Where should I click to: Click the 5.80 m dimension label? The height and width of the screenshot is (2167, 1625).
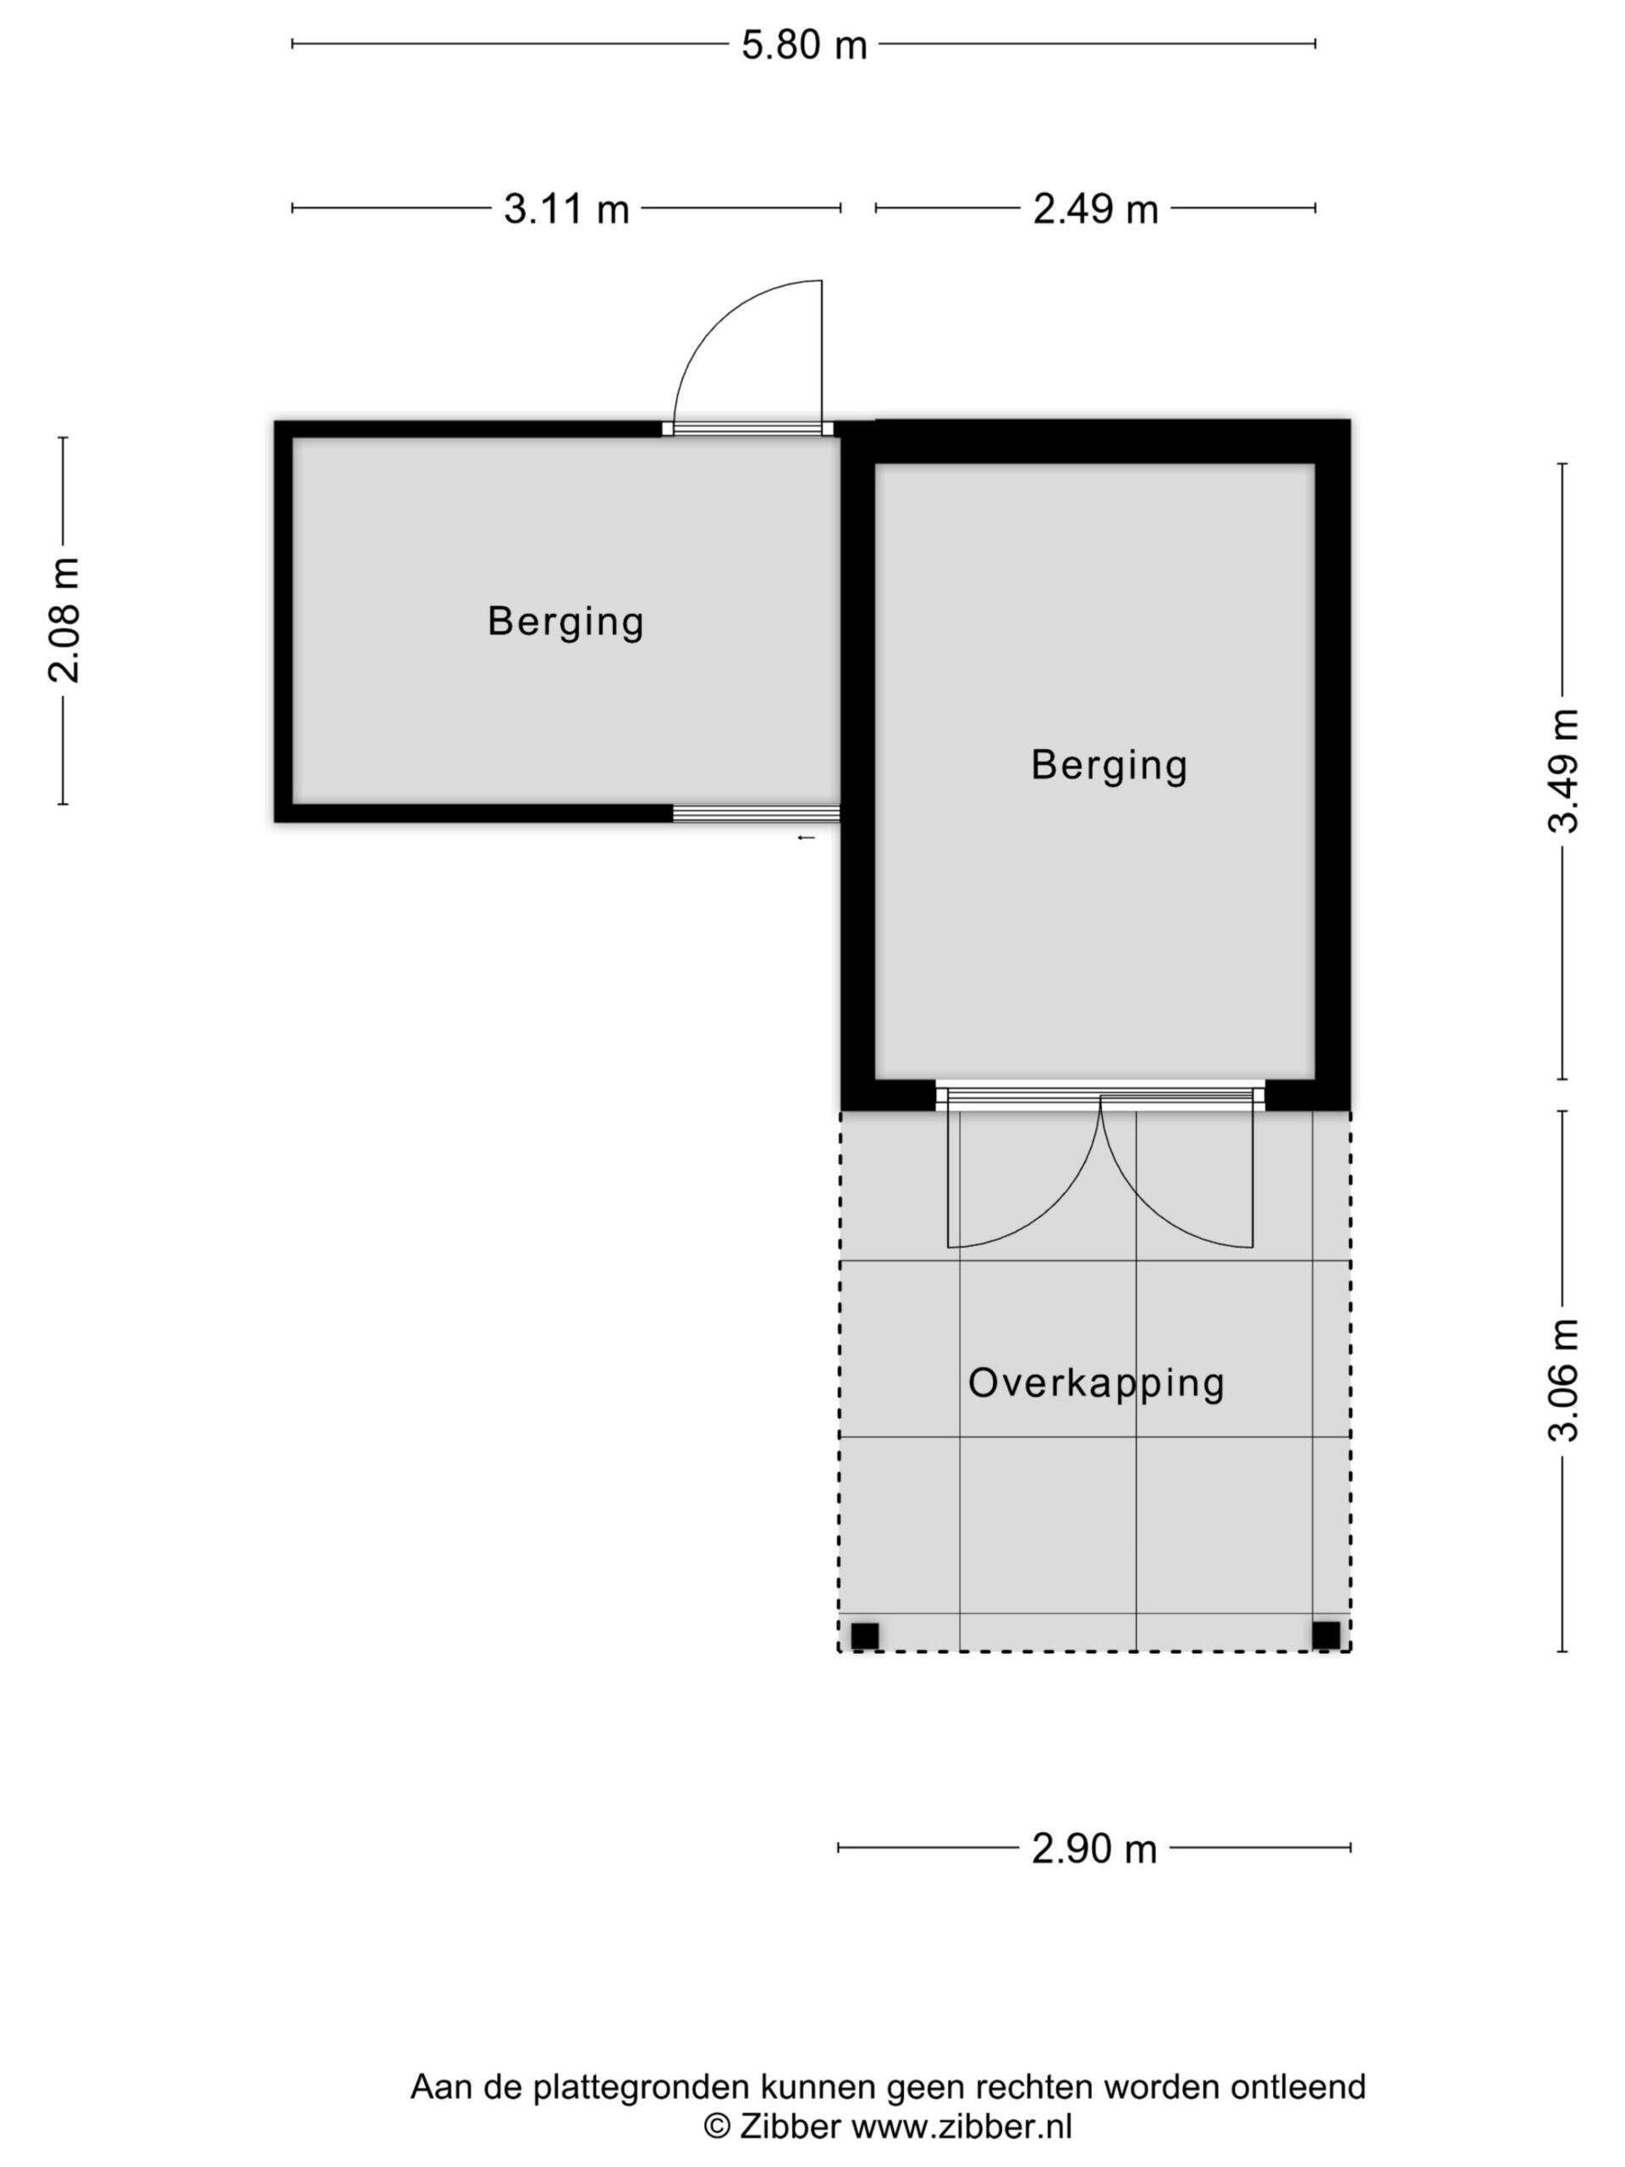point(803,45)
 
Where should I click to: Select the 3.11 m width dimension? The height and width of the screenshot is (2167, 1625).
point(566,209)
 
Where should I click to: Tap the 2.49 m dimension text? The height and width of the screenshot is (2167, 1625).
point(1095,209)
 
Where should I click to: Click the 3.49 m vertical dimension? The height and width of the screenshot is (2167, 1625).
point(1563,771)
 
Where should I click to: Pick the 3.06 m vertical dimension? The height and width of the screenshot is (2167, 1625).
point(1563,1381)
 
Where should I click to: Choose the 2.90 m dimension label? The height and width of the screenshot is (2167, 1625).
point(1094,1849)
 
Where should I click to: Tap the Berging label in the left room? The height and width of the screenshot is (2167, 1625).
point(565,623)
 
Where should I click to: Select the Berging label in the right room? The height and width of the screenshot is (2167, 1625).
point(1109,766)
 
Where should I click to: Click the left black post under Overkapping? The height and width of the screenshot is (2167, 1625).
point(865,1635)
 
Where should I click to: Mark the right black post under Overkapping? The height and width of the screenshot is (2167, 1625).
point(1326,1635)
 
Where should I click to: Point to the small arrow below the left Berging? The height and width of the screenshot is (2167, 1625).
point(806,839)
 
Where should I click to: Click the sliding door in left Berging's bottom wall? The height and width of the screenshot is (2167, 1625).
point(756,813)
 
